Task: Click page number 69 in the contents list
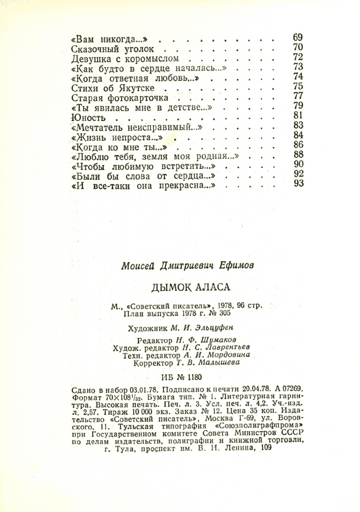click(x=298, y=38)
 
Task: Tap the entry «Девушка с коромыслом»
click(x=125, y=59)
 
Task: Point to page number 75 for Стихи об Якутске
click(x=299, y=86)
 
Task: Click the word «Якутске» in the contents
click(x=136, y=88)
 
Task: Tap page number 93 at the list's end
click(x=299, y=184)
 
